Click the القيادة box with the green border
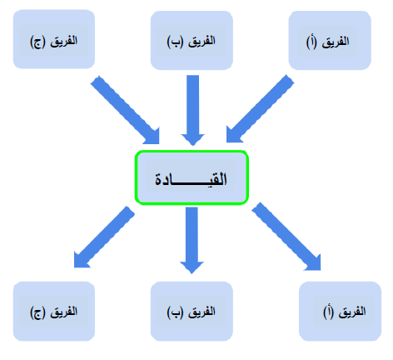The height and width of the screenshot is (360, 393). (x=192, y=177)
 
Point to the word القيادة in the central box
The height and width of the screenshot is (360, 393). (x=191, y=179)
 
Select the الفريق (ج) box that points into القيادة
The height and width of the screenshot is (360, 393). (x=54, y=39)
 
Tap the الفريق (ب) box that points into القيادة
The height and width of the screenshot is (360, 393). (x=192, y=40)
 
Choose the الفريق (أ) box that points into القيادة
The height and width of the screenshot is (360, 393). (x=330, y=40)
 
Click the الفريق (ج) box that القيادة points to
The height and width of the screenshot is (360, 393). (x=54, y=311)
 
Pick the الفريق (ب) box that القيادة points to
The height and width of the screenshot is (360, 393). (x=192, y=311)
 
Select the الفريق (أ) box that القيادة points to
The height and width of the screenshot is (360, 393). (x=340, y=311)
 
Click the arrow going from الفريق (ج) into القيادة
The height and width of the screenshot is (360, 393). (x=125, y=110)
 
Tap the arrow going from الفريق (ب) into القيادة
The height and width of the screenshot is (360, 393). (x=193, y=110)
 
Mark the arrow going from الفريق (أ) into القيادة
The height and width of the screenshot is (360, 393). (x=260, y=108)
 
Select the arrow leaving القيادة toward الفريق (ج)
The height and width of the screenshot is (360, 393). (x=104, y=237)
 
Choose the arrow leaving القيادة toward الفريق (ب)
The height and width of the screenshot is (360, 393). (x=192, y=240)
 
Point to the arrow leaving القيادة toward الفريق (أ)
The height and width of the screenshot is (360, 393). (x=286, y=237)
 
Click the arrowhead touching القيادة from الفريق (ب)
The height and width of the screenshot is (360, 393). (x=193, y=140)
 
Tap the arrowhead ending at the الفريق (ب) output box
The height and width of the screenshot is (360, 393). (x=192, y=267)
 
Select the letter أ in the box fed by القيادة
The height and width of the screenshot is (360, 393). (x=328, y=312)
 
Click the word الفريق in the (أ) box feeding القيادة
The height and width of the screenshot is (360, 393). (x=336, y=42)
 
